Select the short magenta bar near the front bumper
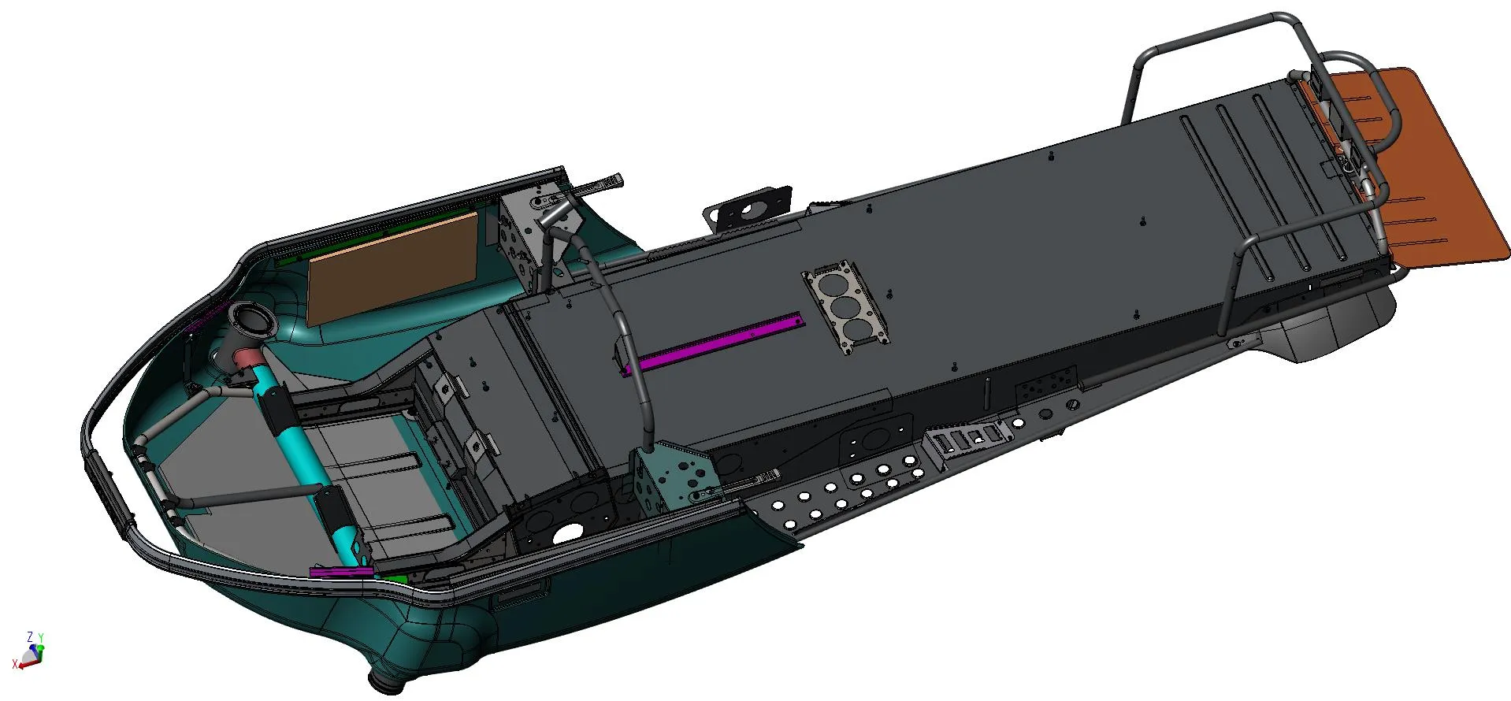tap(341, 571)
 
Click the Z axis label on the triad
tap(30, 636)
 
